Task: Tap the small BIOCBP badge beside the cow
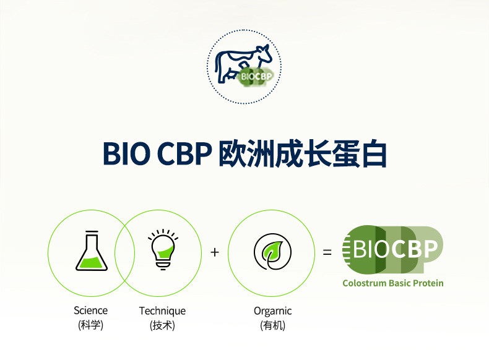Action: (256, 76)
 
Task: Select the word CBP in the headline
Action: (184, 153)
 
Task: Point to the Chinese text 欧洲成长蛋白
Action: (303, 153)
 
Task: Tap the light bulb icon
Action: (163, 249)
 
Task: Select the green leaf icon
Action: (272, 252)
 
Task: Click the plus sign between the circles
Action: (215, 252)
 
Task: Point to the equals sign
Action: (327, 252)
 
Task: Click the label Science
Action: (91, 311)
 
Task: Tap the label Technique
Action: (162, 311)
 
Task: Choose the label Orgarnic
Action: (272, 311)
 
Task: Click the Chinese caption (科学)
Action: (90, 325)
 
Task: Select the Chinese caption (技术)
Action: (162, 325)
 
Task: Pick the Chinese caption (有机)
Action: (272, 325)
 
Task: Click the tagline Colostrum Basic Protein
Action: (393, 283)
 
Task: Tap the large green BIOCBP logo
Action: (392, 250)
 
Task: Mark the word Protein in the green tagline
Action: (428, 283)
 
